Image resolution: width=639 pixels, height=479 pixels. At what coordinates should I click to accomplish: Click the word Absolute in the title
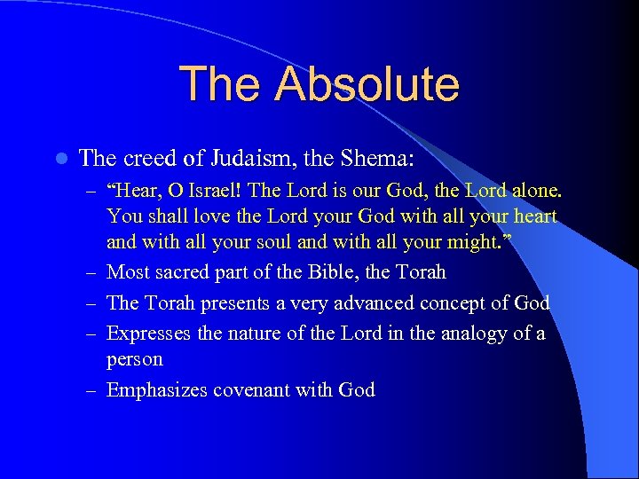tap(367, 83)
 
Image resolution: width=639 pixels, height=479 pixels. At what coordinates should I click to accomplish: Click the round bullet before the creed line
tap(59, 160)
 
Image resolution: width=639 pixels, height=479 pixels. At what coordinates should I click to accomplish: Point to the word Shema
tap(385, 159)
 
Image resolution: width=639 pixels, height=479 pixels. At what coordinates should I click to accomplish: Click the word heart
tap(534, 216)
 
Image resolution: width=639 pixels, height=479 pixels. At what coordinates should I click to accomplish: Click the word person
tap(134, 359)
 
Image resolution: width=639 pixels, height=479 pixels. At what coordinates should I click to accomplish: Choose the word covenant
tap(245, 389)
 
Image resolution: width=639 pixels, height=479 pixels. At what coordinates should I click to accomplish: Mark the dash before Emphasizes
tap(92, 390)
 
